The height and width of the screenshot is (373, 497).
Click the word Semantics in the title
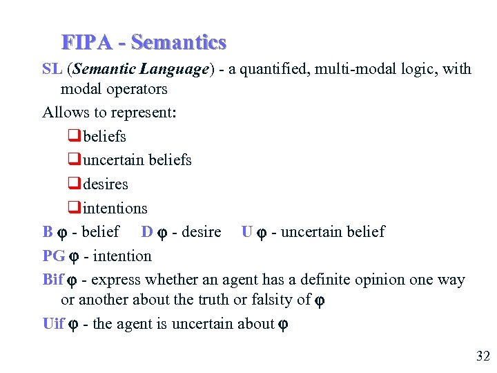(x=179, y=43)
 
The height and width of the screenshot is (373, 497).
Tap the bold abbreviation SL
(x=52, y=69)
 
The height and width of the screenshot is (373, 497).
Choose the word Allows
(x=64, y=113)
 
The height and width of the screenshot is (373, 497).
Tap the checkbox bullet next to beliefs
(x=75, y=136)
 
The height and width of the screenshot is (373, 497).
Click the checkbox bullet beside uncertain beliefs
(x=75, y=160)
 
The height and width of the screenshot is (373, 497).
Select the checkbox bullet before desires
(x=75, y=184)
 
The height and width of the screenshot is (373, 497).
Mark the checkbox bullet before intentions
(x=75, y=208)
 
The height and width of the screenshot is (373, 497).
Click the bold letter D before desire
(x=147, y=232)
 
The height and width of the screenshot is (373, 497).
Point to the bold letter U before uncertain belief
(x=247, y=232)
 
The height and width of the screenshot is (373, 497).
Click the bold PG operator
(x=53, y=256)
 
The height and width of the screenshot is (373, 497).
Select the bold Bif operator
(x=53, y=280)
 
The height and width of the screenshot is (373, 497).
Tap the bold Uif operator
(x=54, y=324)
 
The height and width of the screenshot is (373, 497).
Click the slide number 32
(x=483, y=356)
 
